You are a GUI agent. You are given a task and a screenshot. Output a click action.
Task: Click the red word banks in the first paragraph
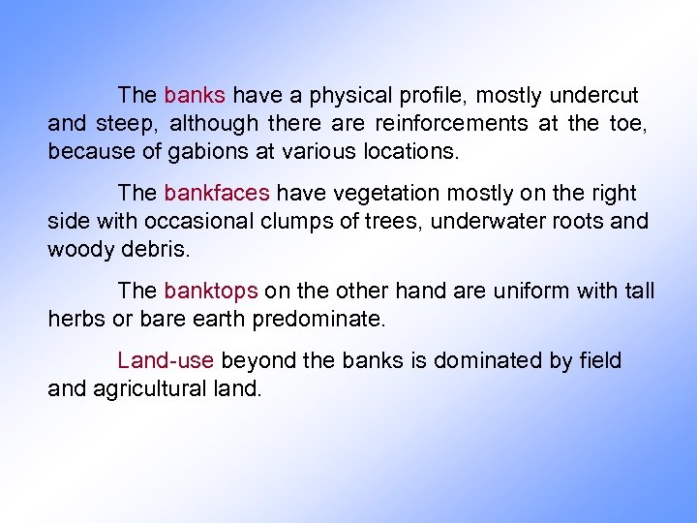coord(195,96)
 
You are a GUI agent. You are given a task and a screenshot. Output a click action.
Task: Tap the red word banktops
coord(210,291)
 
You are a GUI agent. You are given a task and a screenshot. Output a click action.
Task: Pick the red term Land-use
coord(165,361)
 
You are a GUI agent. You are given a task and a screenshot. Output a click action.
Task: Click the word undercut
coord(593,96)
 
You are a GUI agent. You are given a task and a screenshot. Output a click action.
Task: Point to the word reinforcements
coord(452,124)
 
